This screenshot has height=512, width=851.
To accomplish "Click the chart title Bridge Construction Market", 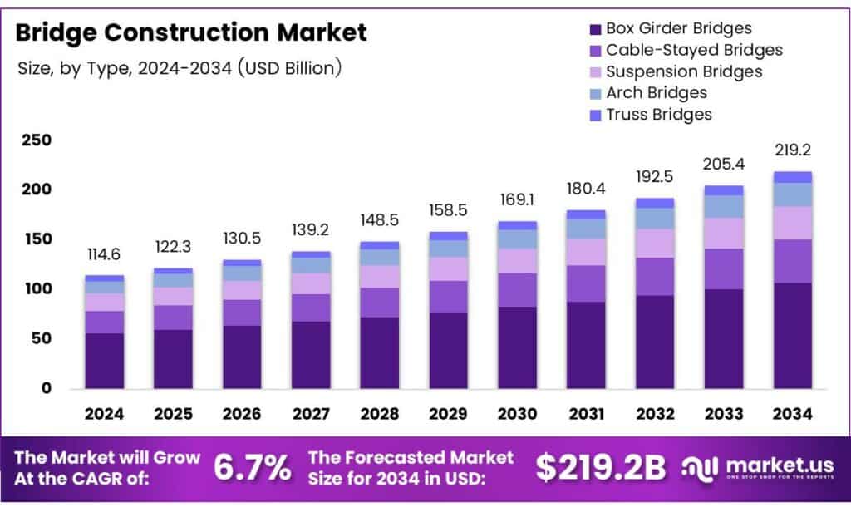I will [x=191, y=33].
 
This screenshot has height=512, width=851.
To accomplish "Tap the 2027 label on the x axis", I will [x=311, y=414].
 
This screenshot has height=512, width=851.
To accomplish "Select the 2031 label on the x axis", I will [x=586, y=414].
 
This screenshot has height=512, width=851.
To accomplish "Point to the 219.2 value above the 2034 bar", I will [x=792, y=151].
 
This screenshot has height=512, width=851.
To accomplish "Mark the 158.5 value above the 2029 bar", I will [x=448, y=211].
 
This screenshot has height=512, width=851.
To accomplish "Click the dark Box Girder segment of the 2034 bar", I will [x=792, y=336].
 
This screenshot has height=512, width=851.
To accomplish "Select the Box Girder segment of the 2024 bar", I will [x=104, y=361].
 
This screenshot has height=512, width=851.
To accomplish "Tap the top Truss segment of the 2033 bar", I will [x=723, y=190].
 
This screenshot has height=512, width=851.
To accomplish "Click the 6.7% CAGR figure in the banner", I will [x=253, y=468].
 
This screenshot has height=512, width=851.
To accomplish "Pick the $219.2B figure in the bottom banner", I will [x=600, y=468].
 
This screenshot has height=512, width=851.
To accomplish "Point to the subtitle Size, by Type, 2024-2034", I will [x=179, y=68].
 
